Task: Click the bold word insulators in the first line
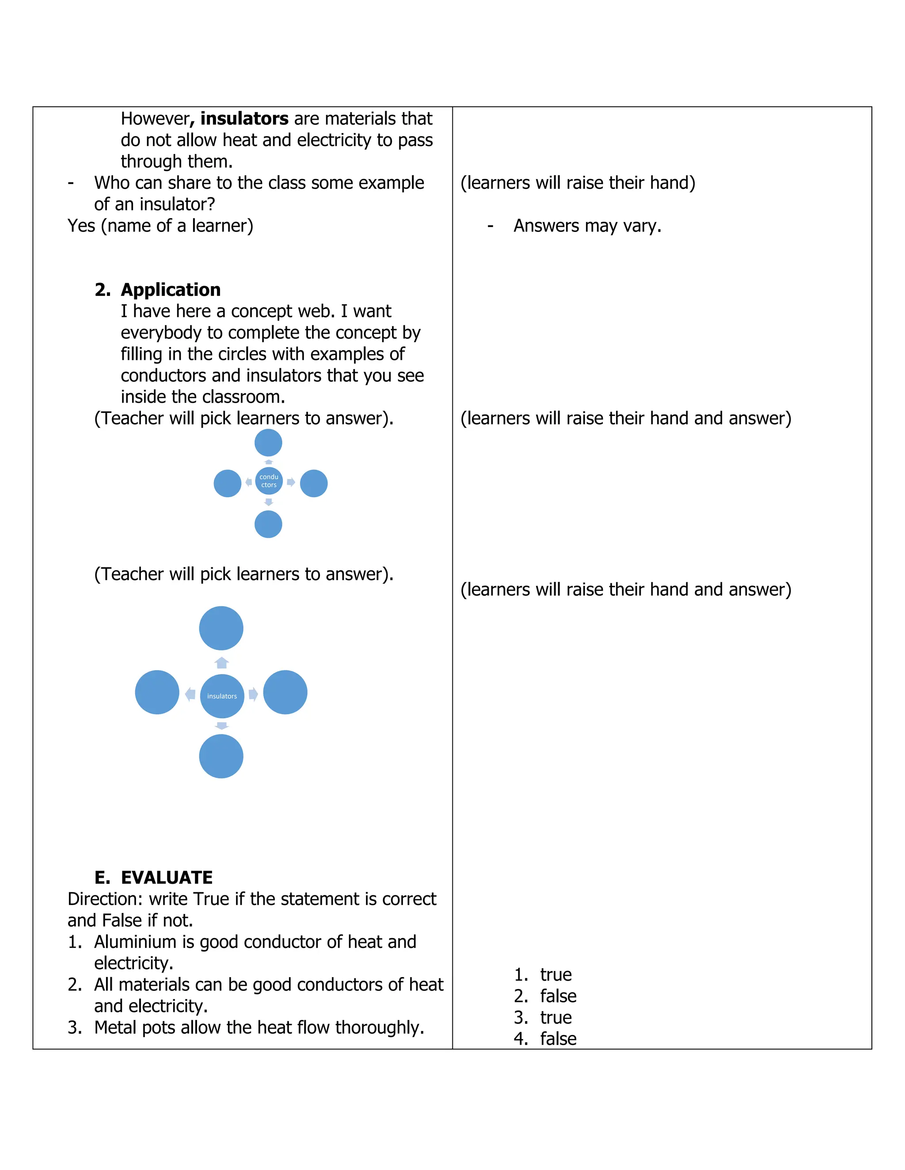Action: point(244,118)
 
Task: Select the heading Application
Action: point(171,290)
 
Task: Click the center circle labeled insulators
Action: point(222,696)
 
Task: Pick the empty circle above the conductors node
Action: point(268,443)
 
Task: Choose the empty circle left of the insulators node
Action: point(157,692)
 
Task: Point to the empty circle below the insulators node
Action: point(221,756)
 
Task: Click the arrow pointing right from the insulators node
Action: point(253,695)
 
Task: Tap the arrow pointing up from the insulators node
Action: point(222,663)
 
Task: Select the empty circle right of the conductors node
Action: point(314,483)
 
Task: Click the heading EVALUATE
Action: point(166,878)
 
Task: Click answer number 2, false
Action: point(558,996)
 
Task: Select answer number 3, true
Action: point(555,1017)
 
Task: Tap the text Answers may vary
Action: point(587,226)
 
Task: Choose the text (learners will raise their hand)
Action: point(578,183)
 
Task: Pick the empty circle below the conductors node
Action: point(268,524)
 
